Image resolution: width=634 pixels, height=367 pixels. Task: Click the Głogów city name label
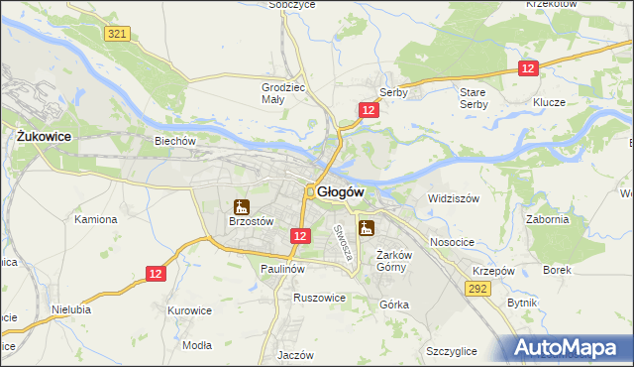click(x=343, y=191)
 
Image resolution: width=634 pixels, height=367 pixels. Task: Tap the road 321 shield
click(x=117, y=34)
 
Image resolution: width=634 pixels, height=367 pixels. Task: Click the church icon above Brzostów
click(x=239, y=207)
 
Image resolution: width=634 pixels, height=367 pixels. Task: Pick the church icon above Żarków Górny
click(x=367, y=229)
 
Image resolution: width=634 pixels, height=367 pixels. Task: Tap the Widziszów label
click(x=454, y=198)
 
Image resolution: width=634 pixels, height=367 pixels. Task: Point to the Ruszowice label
click(x=319, y=297)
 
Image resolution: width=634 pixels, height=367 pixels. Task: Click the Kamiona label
click(x=95, y=219)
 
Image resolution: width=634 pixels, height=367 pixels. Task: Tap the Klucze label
click(x=548, y=102)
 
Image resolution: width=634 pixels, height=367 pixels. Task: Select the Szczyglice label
click(x=452, y=352)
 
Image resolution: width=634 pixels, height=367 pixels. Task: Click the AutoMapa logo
click(x=565, y=347)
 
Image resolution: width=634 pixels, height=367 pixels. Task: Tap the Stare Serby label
click(x=474, y=98)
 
